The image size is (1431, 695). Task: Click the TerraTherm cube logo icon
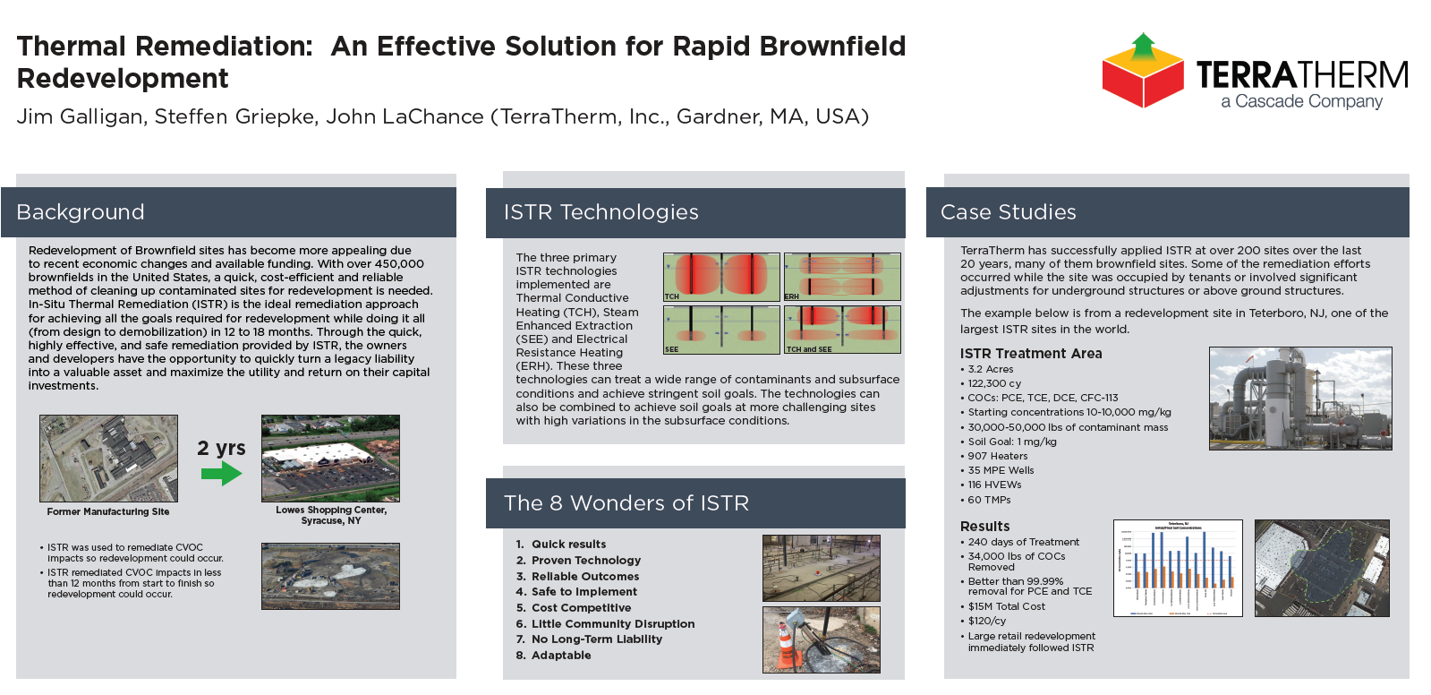(1143, 72)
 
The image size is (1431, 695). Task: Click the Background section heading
(81, 212)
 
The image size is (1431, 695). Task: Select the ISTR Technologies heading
(601, 212)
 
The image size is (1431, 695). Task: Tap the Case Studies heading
(1008, 212)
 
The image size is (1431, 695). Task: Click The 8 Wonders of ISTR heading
(626, 503)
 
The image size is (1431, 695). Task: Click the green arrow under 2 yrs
(221, 473)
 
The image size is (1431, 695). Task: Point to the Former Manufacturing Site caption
(108, 512)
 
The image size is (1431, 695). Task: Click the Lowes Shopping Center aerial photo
(330, 458)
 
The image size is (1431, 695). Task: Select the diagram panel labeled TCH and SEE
(842, 330)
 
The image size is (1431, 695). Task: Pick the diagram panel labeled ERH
(842, 277)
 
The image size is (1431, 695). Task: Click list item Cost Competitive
(581, 608)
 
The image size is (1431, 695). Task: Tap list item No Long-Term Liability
(596, 639)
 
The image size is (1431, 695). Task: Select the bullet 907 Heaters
(997, 457)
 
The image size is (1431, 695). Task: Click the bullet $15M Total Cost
(1006, 607)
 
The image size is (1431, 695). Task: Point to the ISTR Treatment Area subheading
(1031, 354)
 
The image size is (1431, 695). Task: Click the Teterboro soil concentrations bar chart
(1178, 568)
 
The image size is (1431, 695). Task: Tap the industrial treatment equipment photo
(1300, 399)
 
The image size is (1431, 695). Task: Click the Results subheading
(984, 527)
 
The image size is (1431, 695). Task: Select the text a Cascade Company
(1301, 102)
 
